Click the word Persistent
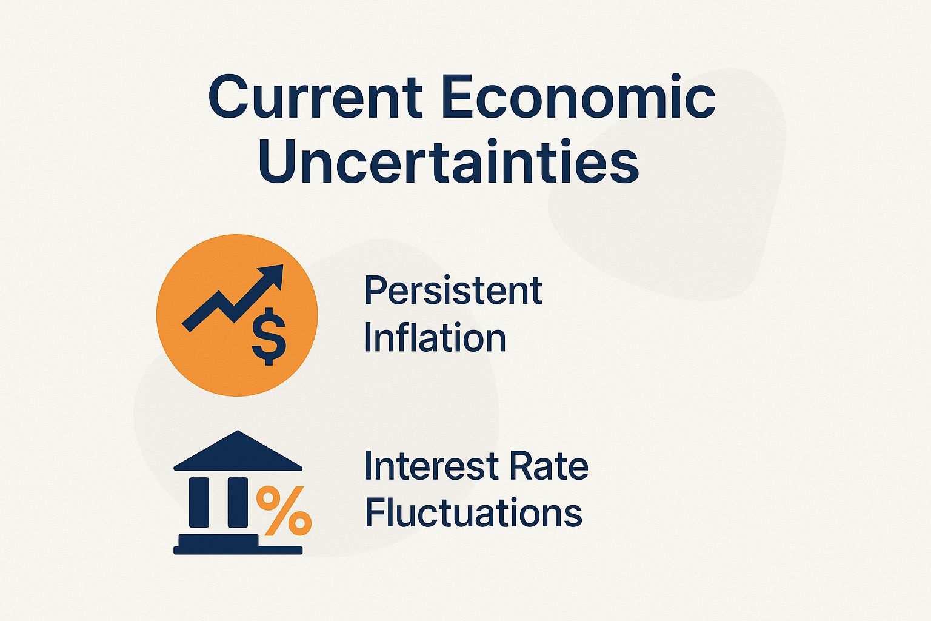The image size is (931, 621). coord(453,291)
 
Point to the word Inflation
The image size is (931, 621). coord(435,338)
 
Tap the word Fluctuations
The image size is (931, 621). coord(473,513)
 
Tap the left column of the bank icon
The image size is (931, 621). coord(199,502)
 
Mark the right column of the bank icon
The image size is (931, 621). coord(238,502)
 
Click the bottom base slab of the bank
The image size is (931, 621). coord(238,550)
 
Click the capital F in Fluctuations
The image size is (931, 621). coord(376,513)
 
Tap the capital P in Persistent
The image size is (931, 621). coord(376,291)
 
